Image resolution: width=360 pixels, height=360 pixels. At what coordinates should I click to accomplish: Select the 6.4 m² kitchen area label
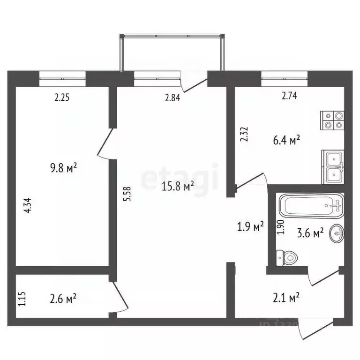tap(286, 140)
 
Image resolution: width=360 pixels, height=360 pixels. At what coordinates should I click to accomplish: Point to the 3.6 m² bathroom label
tap(311, 232)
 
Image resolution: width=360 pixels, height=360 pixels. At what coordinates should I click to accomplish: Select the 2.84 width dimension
tap(172, 98)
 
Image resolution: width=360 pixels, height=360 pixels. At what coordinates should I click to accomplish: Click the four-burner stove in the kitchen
tap(332, 120)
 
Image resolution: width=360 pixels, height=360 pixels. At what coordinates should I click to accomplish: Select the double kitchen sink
tap(332, 166)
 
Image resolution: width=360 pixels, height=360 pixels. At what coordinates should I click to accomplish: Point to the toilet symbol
tap(287, 257)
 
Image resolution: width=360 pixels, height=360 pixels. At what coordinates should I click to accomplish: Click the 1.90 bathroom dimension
tap(281, 227)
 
